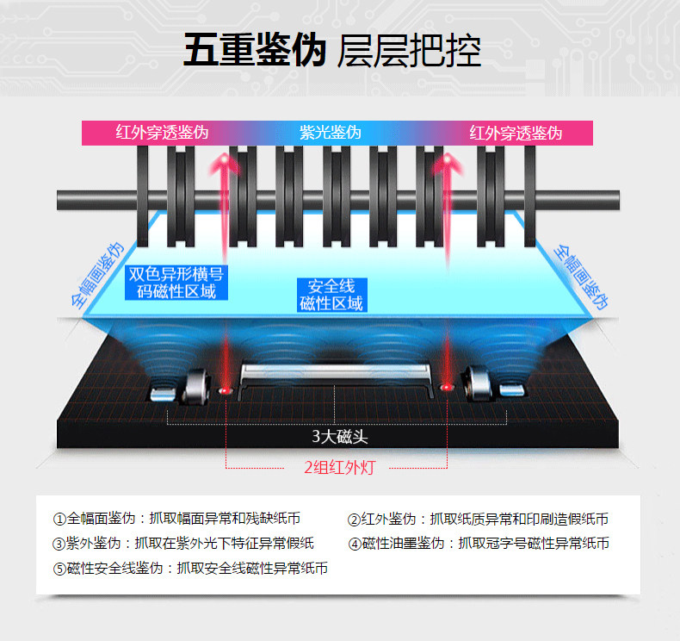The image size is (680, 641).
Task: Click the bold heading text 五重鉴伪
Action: click(254, 51)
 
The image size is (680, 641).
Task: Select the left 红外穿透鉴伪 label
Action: click(162, 133)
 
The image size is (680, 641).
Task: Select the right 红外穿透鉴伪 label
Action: click(516, 133)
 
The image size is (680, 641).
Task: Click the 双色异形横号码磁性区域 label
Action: click(176, 283)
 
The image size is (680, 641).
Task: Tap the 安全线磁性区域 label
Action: click(331, 294)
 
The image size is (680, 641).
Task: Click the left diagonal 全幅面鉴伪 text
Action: click(98, 274)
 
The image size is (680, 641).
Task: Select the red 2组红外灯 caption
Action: click(339, 468)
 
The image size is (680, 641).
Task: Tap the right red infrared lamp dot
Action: click(447, 389)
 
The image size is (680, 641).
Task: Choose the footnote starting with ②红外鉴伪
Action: click(478, 519)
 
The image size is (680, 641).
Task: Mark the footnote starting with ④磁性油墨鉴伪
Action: click(479, 543)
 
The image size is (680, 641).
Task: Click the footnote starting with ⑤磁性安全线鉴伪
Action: click(190, 568)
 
